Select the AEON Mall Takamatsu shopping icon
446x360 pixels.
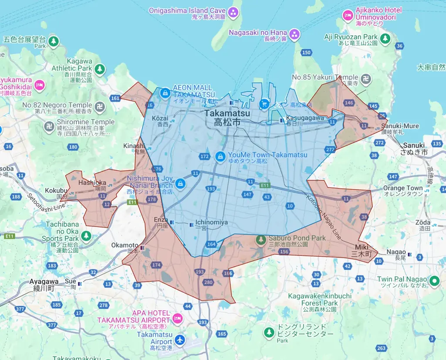[165, 93]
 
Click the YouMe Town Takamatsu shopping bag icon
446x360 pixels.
[220, 155]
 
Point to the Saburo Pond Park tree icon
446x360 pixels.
[261, 239]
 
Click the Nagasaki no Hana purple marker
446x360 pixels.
[295, 34]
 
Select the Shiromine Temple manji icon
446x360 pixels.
[49, 126]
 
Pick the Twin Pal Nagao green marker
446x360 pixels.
[434, 281]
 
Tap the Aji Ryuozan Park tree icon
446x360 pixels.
[385, 38]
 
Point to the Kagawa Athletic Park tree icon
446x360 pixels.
[100, 69]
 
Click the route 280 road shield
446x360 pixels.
[208, 282]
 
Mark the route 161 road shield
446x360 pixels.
[115, 98]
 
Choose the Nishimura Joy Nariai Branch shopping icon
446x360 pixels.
[180, 182]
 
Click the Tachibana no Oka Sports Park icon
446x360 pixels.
[86, 235]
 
